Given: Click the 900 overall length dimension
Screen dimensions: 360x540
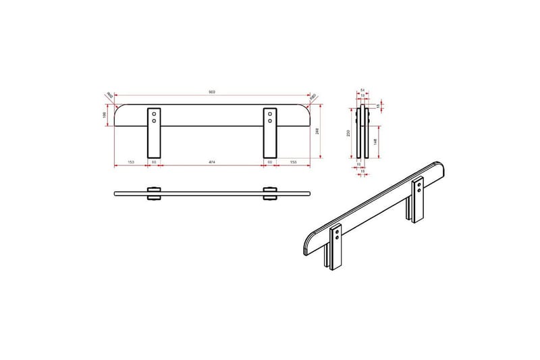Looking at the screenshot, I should pos(212,91).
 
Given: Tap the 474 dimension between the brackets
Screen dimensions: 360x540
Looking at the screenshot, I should pos(212,163).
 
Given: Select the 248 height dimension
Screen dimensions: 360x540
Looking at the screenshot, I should pos(318,131).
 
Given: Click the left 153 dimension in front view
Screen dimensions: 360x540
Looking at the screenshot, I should pos(130,163).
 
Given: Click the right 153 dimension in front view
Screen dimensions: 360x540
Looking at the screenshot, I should pos(294,163).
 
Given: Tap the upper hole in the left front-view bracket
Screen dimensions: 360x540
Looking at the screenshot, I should pos(154,114).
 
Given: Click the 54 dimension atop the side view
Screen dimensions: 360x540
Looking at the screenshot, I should pos(362,89).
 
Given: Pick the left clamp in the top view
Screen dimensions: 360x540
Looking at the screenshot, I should pos(154,194).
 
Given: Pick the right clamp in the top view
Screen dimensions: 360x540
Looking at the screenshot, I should pos(270,194).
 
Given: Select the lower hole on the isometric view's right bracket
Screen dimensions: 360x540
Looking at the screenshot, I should pos(420,190).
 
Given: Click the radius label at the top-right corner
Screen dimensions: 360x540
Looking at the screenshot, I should pos(314,96).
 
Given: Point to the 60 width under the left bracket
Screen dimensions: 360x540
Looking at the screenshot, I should pos(154,163).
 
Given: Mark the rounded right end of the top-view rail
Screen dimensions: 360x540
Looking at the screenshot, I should pos(308,194).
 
